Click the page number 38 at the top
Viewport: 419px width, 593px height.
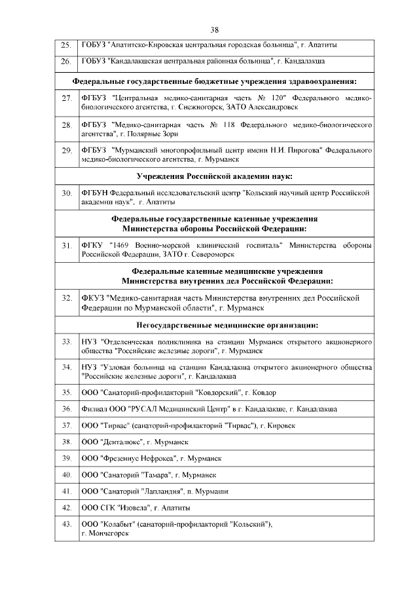coord(214,29)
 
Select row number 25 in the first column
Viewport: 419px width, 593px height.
coord(65,46)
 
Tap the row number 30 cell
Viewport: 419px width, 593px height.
coord(65,193)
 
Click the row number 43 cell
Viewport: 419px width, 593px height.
coord(65,525)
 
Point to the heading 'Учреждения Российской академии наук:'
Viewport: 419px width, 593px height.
coord(214,176)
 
